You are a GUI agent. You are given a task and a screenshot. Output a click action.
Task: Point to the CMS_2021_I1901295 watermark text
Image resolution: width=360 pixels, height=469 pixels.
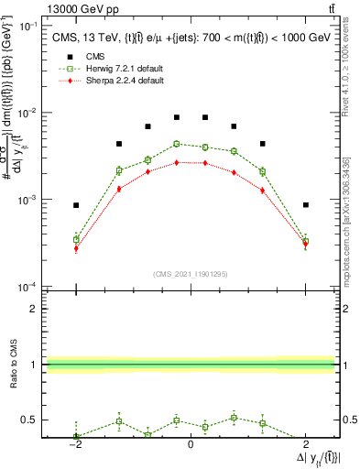[190, 273]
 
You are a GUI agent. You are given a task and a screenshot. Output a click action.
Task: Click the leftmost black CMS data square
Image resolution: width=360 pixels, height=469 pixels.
[76, 205]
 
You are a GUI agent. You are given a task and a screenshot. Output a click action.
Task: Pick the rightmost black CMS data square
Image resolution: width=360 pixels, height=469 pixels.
[305, 205]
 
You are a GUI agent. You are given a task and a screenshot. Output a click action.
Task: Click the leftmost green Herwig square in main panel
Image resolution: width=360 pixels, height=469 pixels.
[76, 239]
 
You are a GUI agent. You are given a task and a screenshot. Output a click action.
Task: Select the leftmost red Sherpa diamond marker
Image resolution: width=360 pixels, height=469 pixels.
[76, 248]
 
